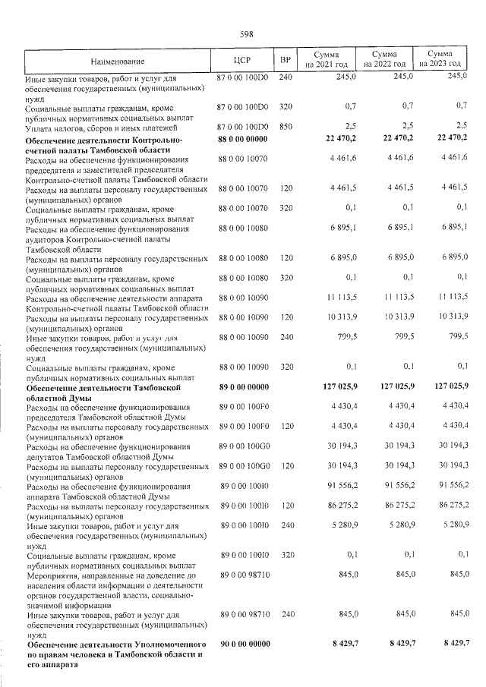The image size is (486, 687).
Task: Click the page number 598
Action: click(245, 34)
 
